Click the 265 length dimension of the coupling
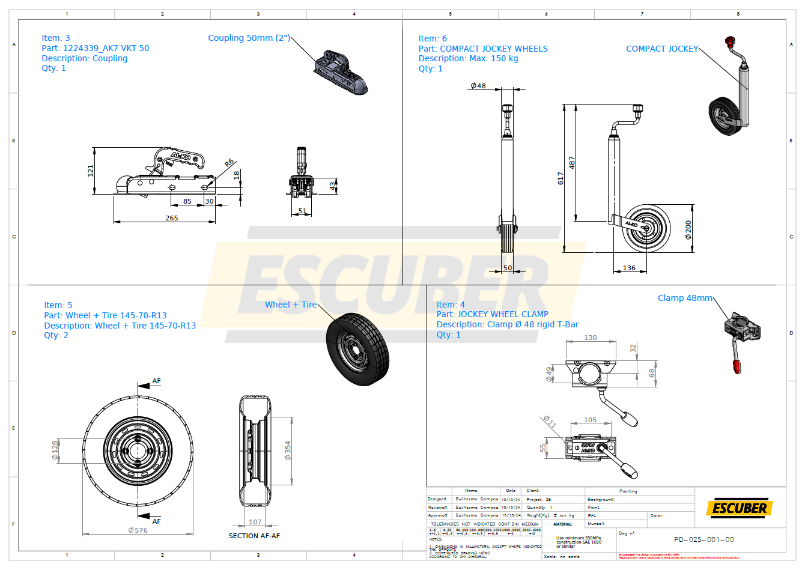(172, 218)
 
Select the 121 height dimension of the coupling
(91, 171)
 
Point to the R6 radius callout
(229, 163)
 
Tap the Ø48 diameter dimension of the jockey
(478, 86)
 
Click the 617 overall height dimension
(560, 178)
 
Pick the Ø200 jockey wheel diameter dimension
(688, 229)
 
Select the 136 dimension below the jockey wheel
(629, 268)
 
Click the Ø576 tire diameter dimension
(138, 530)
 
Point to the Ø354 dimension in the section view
(288, 450)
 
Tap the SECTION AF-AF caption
(254, 536)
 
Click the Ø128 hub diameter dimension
(55, 450)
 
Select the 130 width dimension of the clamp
(591, 338)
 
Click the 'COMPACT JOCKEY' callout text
(662, 49)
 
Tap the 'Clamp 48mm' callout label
(685, 298)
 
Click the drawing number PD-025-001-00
(703, 539)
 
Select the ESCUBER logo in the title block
(740, 508)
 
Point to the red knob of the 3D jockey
(730, 41)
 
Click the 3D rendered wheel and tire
(358, 349)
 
